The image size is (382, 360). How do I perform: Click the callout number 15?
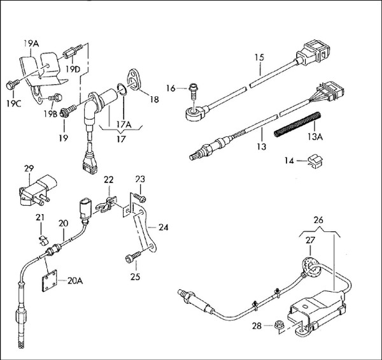point(258,57)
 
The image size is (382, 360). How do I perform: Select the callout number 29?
point(29,168)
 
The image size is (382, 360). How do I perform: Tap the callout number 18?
point(153,99)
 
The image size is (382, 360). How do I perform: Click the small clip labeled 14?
point(311,162)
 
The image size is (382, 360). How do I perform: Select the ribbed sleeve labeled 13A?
point(296,125)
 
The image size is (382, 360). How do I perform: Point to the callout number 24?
point(164,226)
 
